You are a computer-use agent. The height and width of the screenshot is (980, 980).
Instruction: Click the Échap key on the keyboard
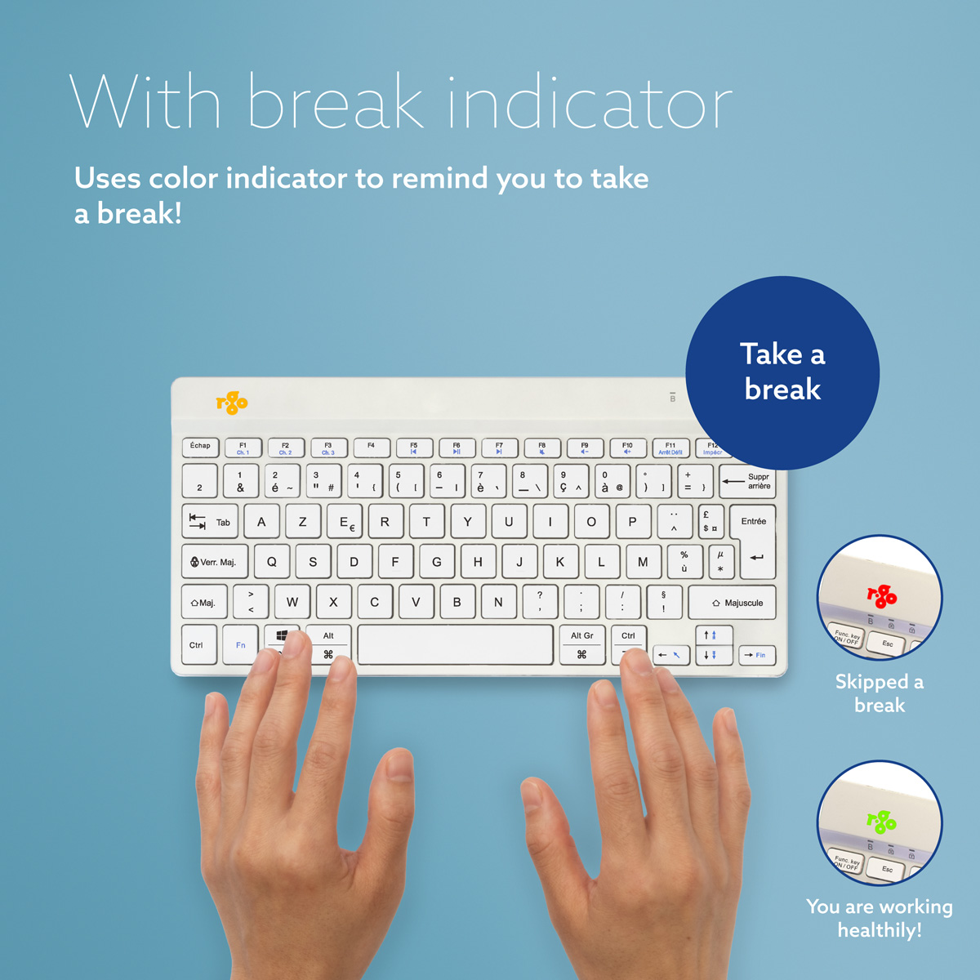[x=200, y=447]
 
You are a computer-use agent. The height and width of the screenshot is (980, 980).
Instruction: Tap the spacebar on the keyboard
[x=456, y=645]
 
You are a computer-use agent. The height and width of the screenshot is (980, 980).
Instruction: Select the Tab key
[x=210, y=522]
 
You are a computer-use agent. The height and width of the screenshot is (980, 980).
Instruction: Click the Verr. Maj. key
[x=213, y=562]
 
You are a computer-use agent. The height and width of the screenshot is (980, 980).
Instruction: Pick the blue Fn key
[x=240, y=645]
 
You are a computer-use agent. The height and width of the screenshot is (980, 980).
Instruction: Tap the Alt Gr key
[x=582, y=644]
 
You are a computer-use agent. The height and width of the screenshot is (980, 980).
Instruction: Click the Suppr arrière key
[x=746, y=482]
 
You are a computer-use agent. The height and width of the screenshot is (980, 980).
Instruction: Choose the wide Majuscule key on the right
[x=732, y=603]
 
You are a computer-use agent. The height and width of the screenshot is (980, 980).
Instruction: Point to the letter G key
[x=437, y=562]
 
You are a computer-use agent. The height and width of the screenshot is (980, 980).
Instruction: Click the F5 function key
[x=414, y=448]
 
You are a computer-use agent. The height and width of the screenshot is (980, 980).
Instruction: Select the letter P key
[x=632, y=522]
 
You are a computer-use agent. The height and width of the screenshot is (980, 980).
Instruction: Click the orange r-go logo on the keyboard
[x=231, y=402]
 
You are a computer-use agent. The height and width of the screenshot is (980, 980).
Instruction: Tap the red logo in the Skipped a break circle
[x=882, y=596]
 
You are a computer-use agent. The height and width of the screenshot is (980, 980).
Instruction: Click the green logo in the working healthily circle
[x=882, y=821]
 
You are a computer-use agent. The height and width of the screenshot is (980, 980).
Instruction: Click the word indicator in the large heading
[x=590, y=104]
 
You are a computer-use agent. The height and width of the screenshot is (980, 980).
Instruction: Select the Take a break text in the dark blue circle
[x=782, y=372]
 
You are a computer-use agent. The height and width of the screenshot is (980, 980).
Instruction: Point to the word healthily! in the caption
[x=880, y=930]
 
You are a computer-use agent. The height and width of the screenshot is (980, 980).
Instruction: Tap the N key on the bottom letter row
[x=498, y=603]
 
